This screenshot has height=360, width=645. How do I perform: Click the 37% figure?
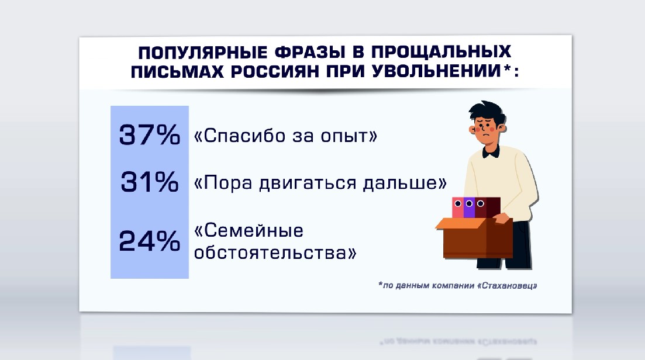[x=150, y=135]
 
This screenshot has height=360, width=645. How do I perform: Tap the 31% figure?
[x=150, y=182]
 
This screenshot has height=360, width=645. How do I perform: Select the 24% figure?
[x=150, y=241]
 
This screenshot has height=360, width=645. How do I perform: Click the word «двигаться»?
[x=308, y=183]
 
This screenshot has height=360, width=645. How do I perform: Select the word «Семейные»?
[x=249, y=231]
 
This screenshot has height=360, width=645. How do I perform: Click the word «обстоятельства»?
[x=275, y=252]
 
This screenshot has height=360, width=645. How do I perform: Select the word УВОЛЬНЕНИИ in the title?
[x=436, y=72]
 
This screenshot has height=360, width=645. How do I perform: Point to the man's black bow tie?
[x=491, y=152]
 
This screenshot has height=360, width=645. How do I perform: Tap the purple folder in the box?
[x=469, y=207]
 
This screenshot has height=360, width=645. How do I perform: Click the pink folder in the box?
[x=458, y=207]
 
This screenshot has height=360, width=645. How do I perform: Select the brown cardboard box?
[x=474, y=238]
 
